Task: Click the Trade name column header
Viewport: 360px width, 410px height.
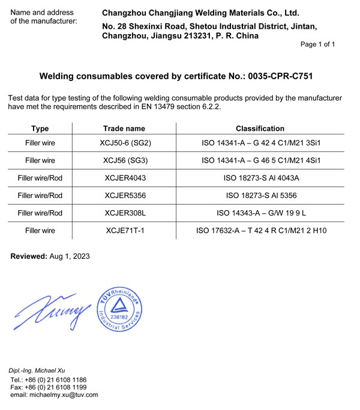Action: point(124,128)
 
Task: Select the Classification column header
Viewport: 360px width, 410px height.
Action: point(260,128)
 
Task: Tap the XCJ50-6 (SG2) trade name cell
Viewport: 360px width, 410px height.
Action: point(124,144)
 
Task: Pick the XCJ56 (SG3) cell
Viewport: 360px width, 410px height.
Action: point(124,161)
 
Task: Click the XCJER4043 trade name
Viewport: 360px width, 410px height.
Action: point(124,178)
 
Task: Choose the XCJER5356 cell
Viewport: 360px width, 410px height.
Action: point(124,196)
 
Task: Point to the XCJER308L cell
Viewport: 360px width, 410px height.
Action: point(124,213)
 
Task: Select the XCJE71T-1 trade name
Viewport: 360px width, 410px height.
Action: point(124,231)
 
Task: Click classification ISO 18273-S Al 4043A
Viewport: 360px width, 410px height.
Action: point(260,178)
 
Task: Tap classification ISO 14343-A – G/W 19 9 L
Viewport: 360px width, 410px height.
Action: point(260,213)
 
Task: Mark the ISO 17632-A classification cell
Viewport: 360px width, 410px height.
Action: point(260,231)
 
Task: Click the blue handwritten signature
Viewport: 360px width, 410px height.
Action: point(50,311)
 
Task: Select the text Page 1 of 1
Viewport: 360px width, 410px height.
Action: point(317,44)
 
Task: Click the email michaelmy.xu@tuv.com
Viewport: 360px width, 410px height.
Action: point(54,395)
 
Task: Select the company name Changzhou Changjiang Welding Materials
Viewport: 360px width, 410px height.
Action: point(200,13)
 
